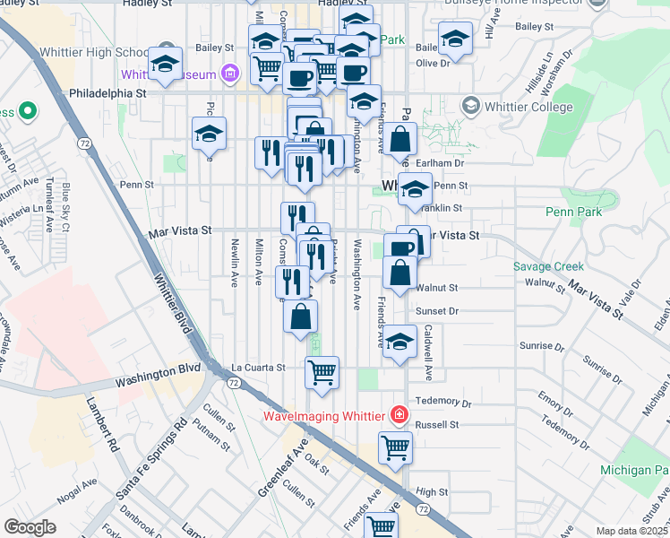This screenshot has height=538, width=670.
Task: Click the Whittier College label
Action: pos(528,108)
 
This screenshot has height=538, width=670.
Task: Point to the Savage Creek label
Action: pos(548,266)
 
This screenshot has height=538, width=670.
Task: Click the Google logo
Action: pos(30,527)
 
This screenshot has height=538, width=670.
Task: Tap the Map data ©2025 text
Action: pos(632,531)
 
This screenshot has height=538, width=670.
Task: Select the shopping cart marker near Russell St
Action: pos(395,447)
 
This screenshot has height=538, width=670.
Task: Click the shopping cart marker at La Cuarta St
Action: pos(322,371)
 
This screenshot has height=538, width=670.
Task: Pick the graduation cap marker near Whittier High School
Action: pos(166,63)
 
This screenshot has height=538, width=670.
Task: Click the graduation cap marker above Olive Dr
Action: pos(456,39)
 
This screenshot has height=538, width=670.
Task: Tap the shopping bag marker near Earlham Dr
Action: pos(402,139)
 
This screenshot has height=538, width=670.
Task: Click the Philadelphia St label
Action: pos(107,91)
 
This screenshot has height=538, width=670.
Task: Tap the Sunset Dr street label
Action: pos(437,311)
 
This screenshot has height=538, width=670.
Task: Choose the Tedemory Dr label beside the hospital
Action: pos(438,403)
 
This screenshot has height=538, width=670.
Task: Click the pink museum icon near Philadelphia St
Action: pos(231,72)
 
